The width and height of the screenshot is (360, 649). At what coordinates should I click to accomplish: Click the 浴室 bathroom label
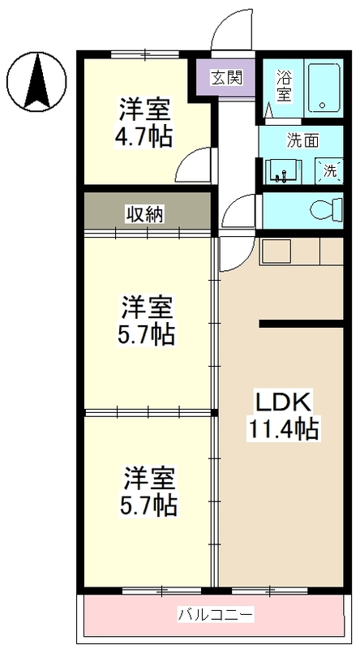284,87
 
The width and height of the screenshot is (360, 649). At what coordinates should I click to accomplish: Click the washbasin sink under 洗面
284,171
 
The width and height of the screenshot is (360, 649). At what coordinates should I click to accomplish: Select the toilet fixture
327,209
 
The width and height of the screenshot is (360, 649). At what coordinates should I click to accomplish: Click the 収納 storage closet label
145,213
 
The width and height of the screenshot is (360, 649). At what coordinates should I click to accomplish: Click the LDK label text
285,402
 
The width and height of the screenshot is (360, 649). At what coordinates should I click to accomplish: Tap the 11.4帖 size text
285,428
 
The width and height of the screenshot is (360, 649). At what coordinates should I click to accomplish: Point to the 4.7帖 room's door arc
192,166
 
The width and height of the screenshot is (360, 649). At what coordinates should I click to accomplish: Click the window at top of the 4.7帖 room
144,54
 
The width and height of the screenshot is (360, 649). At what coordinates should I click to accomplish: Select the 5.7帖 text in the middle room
148,333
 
